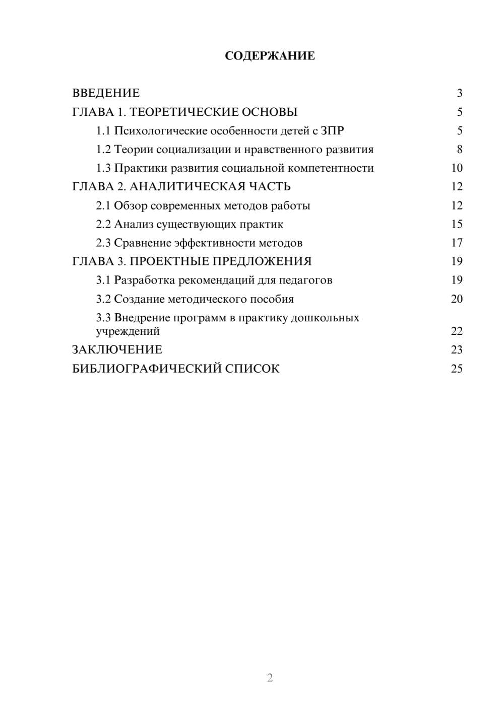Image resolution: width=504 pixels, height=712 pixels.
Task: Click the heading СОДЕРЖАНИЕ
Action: [x=270, y=56]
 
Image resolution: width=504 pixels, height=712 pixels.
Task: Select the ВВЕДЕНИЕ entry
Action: [x=106, y=93]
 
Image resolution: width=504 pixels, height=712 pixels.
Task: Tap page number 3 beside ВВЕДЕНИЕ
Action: [x=459, y=93]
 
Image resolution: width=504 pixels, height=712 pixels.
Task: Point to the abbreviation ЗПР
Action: [x=332, y=131]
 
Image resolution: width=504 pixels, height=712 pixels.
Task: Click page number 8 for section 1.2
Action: [x=459, y=150]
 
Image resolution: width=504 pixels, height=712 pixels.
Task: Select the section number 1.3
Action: [x=103, y=168]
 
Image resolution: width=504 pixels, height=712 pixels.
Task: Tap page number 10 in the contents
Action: [x=457, y=168]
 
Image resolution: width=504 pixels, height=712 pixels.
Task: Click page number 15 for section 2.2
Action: [x=457, y=224]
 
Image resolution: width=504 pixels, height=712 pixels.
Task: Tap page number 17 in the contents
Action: [x=457, y=243]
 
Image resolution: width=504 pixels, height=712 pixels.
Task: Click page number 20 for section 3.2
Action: [x=457, y=299]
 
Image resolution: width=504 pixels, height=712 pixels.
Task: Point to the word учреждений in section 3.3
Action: [x=128, y=331]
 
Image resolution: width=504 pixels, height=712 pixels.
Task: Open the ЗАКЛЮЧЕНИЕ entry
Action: [x=117, y=350]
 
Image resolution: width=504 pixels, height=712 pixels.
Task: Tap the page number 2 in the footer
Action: [x=270, y=678]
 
